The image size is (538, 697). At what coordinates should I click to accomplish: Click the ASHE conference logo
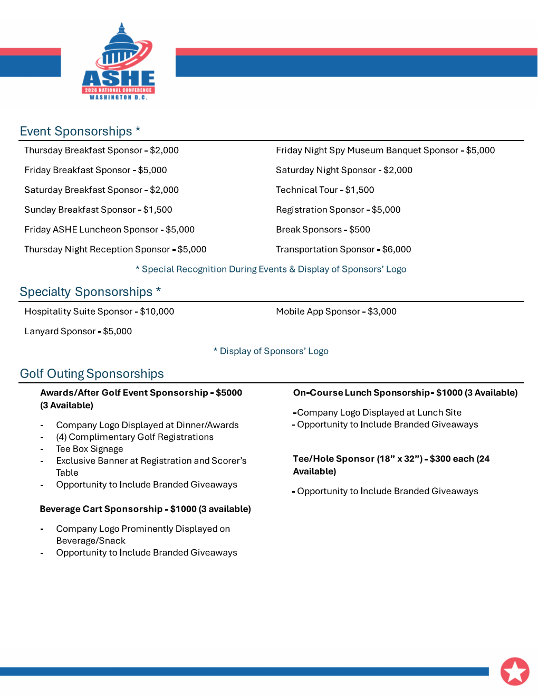point(119,62)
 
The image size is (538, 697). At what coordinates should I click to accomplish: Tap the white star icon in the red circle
point(515,671)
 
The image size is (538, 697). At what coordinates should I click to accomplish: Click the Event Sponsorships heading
point(76,131)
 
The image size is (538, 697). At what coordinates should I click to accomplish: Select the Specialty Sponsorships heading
point(86,292)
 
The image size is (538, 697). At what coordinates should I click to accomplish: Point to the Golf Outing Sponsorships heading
point(92,374)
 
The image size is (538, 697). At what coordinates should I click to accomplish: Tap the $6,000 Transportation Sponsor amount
point(397,249)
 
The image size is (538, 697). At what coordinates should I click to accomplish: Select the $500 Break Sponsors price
point(360,230)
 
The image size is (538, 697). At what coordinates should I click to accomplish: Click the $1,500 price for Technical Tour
point(360,190)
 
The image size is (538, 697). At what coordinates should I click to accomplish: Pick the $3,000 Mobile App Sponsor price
point(382,312)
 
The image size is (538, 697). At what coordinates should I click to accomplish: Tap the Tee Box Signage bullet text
point(90,449)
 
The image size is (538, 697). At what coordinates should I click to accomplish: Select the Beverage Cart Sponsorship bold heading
point(101,509)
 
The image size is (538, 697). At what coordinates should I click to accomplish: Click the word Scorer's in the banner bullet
point(229,461)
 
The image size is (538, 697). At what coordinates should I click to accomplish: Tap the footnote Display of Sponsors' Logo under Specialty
point(274,351)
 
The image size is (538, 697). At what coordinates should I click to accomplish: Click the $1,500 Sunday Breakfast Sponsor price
point(158,210)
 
